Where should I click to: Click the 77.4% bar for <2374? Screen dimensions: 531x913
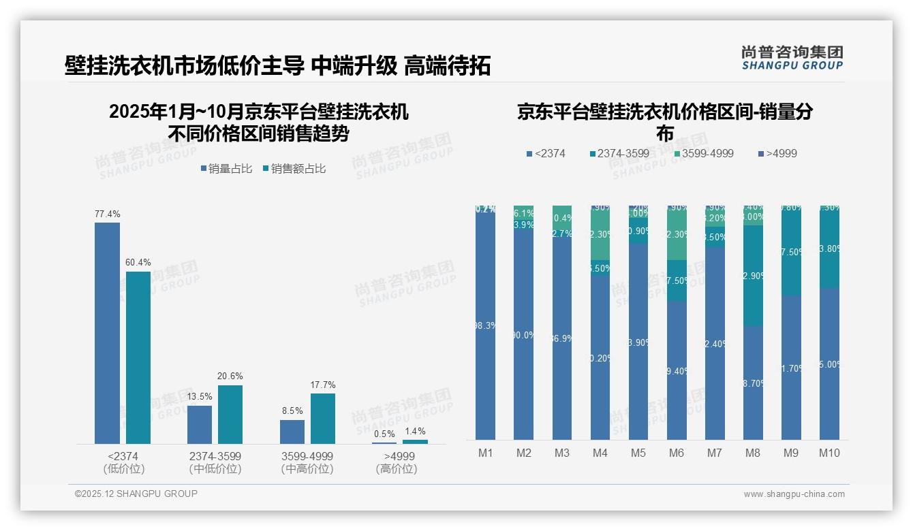click(107, 333)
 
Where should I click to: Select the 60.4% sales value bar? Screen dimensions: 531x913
click(138, 357)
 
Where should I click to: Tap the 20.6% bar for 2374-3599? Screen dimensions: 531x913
click(230, 415)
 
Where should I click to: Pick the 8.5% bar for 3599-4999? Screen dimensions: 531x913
click(292, 432)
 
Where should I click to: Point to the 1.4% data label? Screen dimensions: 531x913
click(414, 431)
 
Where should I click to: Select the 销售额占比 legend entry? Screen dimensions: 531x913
click(294, 169)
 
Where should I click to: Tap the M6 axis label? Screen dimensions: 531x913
click(676, 453)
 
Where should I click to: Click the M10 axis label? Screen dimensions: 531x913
click(829, 453)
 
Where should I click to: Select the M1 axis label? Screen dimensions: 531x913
click(485, 453)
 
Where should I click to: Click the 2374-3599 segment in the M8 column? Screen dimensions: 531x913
click(753, 275)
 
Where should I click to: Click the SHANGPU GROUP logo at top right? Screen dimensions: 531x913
click(792, 58)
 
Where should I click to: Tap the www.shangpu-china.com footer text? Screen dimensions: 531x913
click(794, 494)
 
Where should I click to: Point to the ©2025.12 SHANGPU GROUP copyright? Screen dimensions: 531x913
click(136, 494)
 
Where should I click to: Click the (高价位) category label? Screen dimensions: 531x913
click(397, 469)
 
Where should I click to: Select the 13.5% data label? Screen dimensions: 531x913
click(200, 396)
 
